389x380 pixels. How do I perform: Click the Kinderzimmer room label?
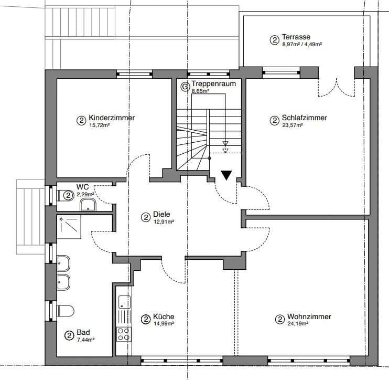point(112,118)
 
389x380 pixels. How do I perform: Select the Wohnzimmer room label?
point(309,317)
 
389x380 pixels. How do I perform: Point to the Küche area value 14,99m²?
point(164,324)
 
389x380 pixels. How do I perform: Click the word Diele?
point(162,215)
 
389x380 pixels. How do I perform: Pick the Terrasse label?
point(296,37)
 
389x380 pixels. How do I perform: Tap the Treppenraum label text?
point(213,84)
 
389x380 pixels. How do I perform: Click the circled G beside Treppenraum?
point(184,86)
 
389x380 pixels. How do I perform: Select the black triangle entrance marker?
point(226,175)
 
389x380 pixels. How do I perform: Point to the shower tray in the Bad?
point(70,227)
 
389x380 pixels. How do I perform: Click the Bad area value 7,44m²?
point(85,340)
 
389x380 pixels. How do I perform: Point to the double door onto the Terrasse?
point(336,87)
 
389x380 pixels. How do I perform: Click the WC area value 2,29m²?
point(85,194)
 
